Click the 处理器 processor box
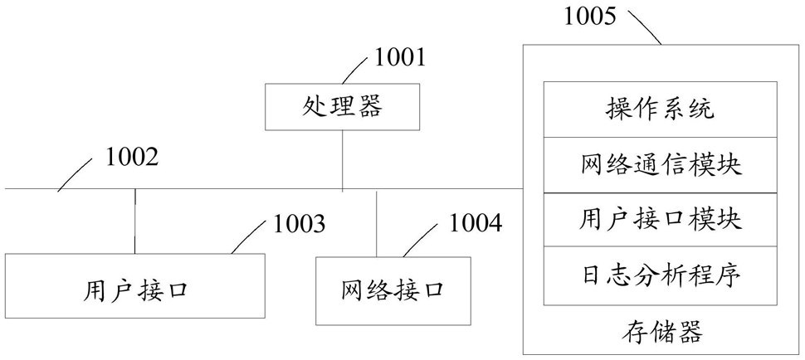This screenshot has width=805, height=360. pos(343,107)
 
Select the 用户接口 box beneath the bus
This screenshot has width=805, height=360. pos(135,285)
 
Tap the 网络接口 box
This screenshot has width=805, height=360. pos(393,291)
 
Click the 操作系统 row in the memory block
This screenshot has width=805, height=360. pos(660,109)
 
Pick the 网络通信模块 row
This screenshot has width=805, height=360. pos(660,165)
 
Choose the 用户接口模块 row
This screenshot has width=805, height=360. pos(660,220)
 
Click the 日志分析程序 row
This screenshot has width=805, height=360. pos(660,276)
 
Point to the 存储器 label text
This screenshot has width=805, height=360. pos(661,332)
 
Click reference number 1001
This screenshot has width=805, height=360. pos(400,59)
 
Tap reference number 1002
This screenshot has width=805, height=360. pos(131,158)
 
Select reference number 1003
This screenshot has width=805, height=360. pos(299,224)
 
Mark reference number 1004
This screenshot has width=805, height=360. pos(476,223)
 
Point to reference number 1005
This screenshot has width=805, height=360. pos(590,16)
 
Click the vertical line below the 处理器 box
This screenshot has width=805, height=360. pos(343,161)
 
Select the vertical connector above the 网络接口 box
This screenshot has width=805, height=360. pos(376,224)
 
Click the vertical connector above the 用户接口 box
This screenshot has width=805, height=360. pos(135,221)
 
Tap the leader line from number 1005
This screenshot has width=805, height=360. pos(645,27)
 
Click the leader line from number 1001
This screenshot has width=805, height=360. pos(355,71)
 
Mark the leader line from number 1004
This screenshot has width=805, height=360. pos(421,240)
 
